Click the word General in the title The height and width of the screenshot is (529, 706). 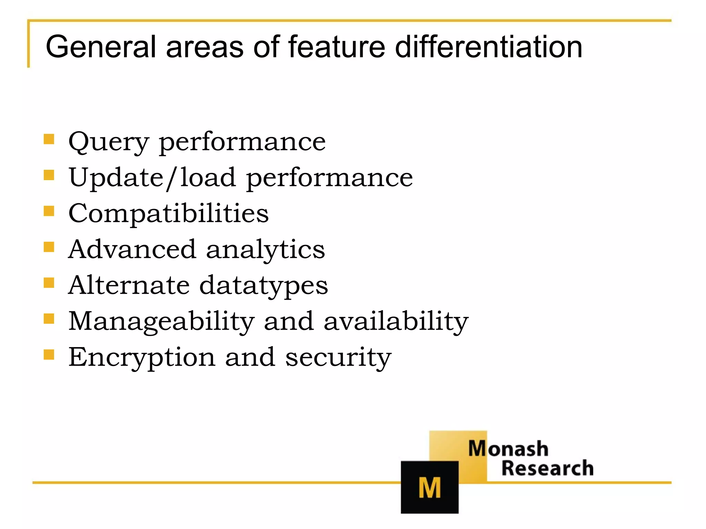point(101,47)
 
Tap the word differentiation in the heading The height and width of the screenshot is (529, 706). point(488,47)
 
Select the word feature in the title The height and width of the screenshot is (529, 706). point(336,47)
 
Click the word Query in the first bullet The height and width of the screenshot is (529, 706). point(109,142)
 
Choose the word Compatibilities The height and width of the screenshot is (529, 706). point(168,213)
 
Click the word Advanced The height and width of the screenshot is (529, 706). point(132,249)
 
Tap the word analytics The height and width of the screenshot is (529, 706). point(265,250)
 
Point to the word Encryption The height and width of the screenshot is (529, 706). point(142,357)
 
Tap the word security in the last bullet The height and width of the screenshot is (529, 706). point(338,357)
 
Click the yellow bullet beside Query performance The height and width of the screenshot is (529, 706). point(49,139)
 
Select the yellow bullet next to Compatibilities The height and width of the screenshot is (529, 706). point(49,211)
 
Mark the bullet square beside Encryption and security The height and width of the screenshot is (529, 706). point(49,354)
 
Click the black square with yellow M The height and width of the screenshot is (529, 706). point(430,487)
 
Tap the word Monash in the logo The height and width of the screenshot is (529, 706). point(508,449)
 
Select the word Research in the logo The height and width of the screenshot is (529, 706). point(547,468)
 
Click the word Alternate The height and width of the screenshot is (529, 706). point(129,285)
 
